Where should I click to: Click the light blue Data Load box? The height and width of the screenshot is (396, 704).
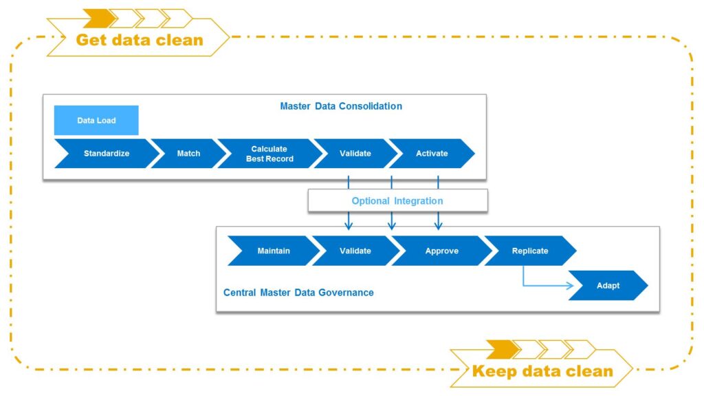(x=96, y=120)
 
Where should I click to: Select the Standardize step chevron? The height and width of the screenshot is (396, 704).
(x=107, y=154)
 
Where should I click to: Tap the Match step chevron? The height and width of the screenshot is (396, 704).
(x=188, y=154)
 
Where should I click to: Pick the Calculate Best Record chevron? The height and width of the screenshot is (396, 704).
(x=269, y=154)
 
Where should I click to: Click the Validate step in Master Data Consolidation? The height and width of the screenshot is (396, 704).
(x=355, y=154)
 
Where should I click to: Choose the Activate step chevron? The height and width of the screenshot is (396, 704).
(x=432, y=154)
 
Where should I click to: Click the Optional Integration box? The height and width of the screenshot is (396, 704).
(x=397, y=200)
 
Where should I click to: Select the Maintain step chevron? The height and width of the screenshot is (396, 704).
(x=274, y=251)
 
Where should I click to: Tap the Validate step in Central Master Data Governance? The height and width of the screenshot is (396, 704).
(x=355, y=251)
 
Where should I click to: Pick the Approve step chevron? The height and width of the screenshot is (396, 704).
(x=442, y=251)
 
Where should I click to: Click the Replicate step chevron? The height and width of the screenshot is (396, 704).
(x=530, y=251)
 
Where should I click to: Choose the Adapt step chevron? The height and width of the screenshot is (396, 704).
(x=608, y=285)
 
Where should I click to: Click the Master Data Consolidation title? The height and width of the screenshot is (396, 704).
(x=341, y=106)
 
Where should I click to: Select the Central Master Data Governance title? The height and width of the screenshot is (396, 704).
(x=298, y=293)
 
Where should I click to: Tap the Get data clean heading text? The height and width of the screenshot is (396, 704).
(x=140, y=40)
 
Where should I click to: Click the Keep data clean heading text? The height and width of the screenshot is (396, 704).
(x=542, y=371)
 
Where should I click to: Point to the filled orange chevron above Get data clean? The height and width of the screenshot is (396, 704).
(x=100, y=18)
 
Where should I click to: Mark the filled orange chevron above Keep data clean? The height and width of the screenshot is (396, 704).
(x=503, y=350)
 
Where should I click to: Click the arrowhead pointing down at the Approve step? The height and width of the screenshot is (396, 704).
(x=438, y=225)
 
